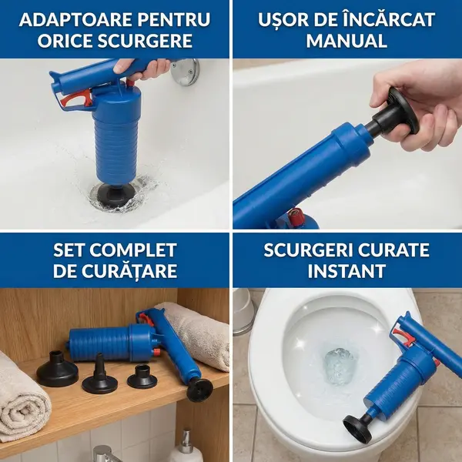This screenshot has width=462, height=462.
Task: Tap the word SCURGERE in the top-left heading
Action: pyautogui.click(x=145, y=41)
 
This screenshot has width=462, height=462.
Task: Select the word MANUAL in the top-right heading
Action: pyautogui.click(x=346, y=41)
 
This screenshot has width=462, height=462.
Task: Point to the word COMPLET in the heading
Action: pyautogui.click(x=133, y=250)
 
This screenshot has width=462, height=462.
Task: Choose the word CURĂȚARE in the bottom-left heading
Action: pyautogui.click(x=129, y=271)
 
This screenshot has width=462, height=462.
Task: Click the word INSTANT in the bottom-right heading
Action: pyautogui.click(x=346, y=271)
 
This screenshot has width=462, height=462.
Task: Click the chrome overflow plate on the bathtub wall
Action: pyautogui.click(x=186, y=72)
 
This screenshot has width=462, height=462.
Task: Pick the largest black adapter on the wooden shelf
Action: pyautogui.click(x=57, y=370)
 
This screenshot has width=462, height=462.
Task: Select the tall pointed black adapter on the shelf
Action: pyautogui.click(x=100, y=375)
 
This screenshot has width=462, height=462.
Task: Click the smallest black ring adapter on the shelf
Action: pyautogui.click(x=142, y=377)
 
